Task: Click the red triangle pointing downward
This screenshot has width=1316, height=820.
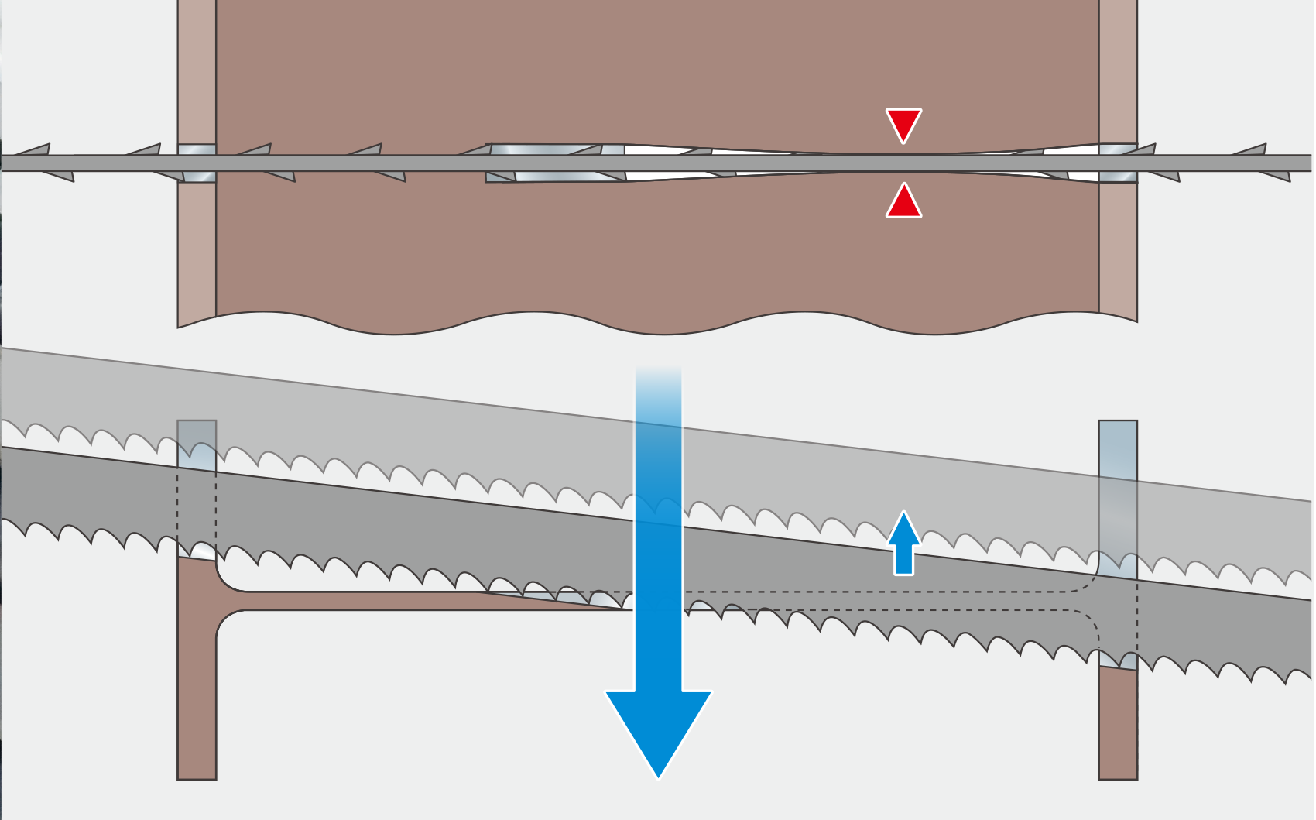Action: pyautogui.click(x=903, y=122)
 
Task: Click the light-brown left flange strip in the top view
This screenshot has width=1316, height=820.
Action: pyautogui.click(x=197, y=77)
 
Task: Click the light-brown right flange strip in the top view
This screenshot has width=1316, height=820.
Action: pyautogui.click(x=1118, y=77)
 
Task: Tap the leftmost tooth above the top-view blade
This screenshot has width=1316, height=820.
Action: pyautogui.click(x=36, y=149)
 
